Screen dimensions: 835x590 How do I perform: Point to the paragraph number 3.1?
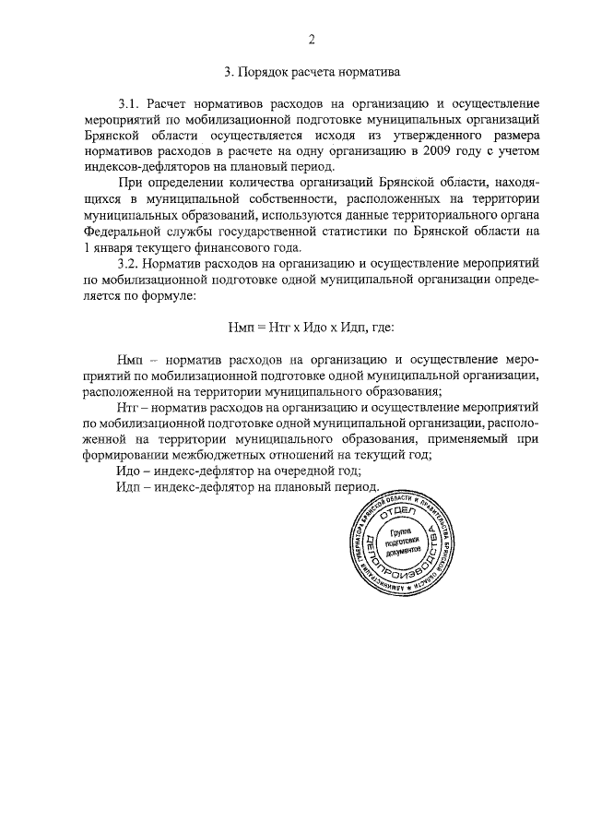click(130, 104)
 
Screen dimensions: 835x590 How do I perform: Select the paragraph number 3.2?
click(130, 265)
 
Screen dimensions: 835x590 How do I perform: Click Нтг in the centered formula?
click(281, 328)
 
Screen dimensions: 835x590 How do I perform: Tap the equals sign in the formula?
click(261, 328)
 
